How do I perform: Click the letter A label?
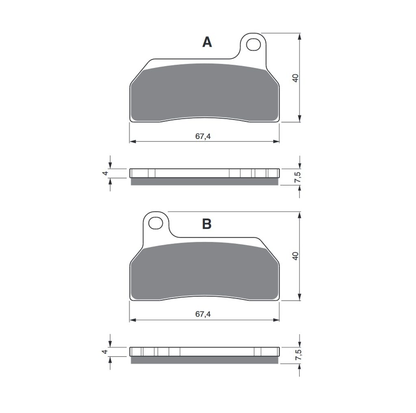207,42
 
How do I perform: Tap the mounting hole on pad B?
156,223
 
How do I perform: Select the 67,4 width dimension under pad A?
203,136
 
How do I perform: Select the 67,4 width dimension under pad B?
203,314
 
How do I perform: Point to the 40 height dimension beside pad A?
295,78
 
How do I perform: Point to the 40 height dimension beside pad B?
295,256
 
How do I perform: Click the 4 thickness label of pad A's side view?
105,173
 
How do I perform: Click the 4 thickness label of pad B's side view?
105,352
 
